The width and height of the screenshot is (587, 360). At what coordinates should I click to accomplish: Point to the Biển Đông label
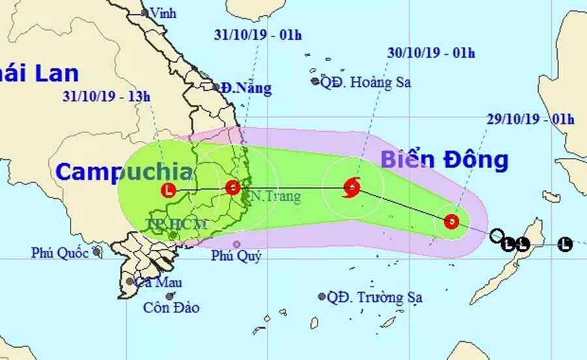point(444,160)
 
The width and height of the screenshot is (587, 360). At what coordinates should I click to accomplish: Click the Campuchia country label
point(124,172)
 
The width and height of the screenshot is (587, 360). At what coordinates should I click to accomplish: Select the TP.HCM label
point(176,225)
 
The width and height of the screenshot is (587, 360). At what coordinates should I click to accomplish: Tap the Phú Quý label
point(235,256)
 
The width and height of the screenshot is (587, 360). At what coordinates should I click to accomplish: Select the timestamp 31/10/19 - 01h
point(258,35)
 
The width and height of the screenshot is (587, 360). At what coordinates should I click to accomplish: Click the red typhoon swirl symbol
point(352,188)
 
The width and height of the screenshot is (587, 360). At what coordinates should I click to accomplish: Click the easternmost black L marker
point(565,245)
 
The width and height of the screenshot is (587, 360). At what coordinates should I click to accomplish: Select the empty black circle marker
point(496,235)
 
